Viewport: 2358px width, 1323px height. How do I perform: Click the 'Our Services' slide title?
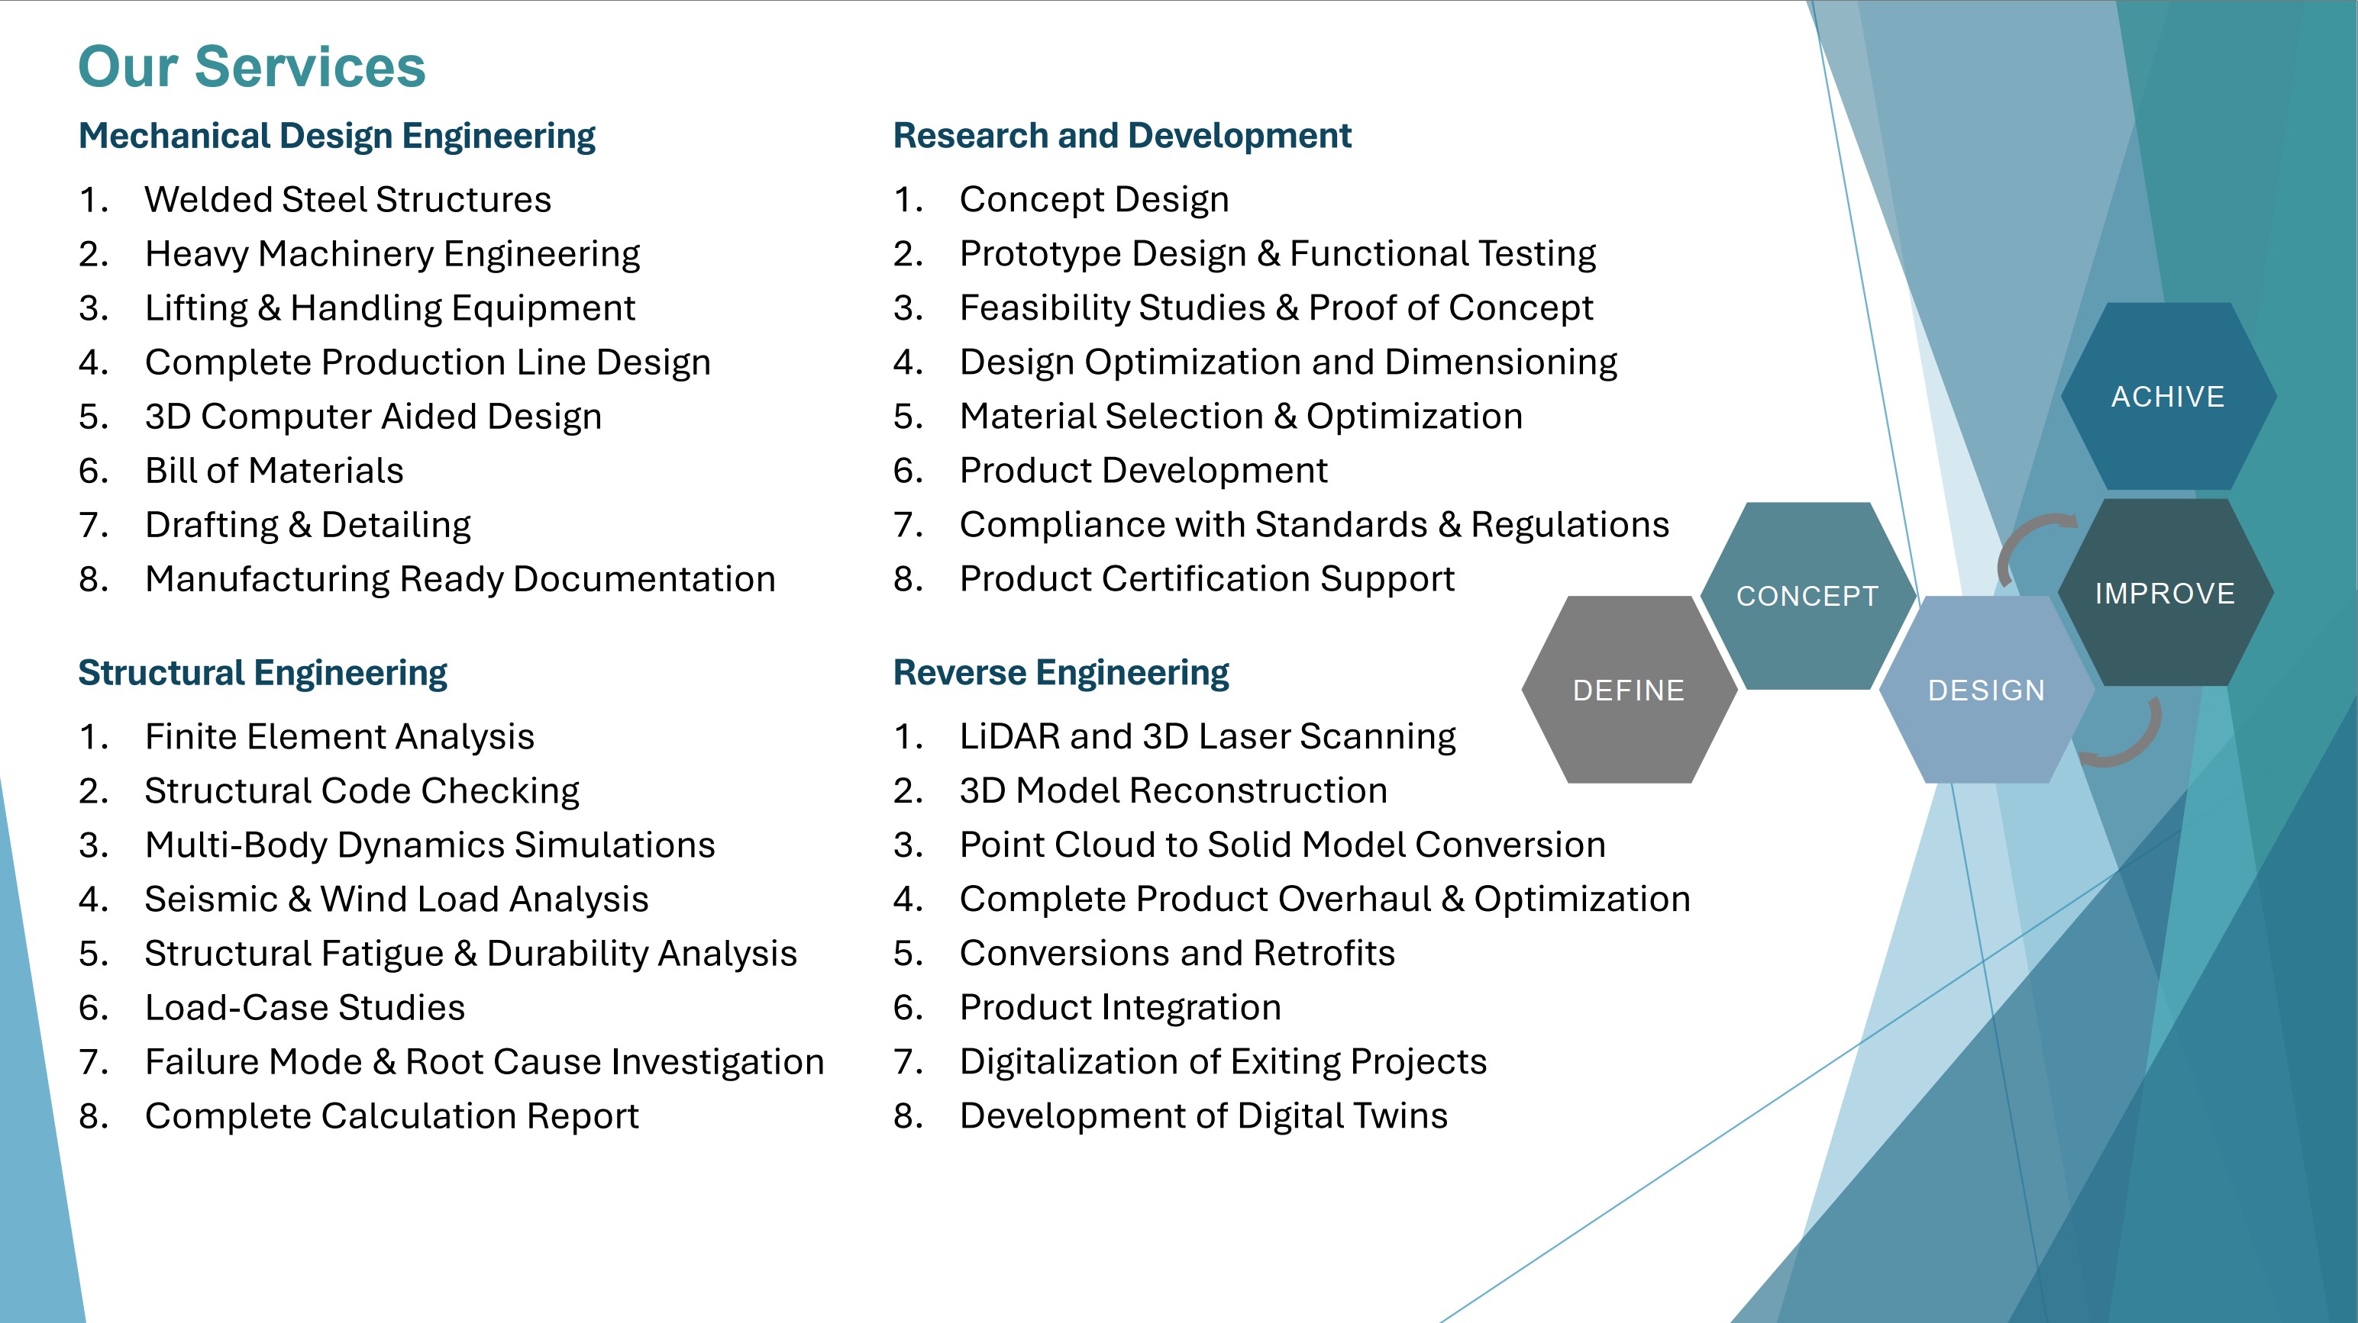tap(252, 67)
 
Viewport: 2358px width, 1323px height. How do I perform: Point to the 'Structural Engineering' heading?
tap(263, 674)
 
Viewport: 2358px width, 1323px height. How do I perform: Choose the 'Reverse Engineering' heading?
tap(1061, 674)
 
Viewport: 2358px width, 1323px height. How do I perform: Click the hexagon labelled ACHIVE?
tap(2168, 396)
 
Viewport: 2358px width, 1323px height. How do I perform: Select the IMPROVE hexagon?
tap(2165, 593)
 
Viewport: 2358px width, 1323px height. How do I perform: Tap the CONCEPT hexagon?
tap(1808, 596)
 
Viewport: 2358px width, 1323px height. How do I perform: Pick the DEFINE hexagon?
tap(1630, 690)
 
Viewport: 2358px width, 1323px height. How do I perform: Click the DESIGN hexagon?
tap(1986, 690)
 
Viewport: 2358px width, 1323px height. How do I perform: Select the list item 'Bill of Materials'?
tap(273, 470)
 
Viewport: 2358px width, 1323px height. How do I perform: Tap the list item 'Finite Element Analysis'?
tap(340, 736)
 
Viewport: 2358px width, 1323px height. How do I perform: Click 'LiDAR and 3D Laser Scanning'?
tap(1207, 736)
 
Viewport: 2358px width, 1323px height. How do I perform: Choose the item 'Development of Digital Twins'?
tap(1203, 1116)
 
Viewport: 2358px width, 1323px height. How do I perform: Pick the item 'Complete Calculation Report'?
tap(392, 1116)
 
